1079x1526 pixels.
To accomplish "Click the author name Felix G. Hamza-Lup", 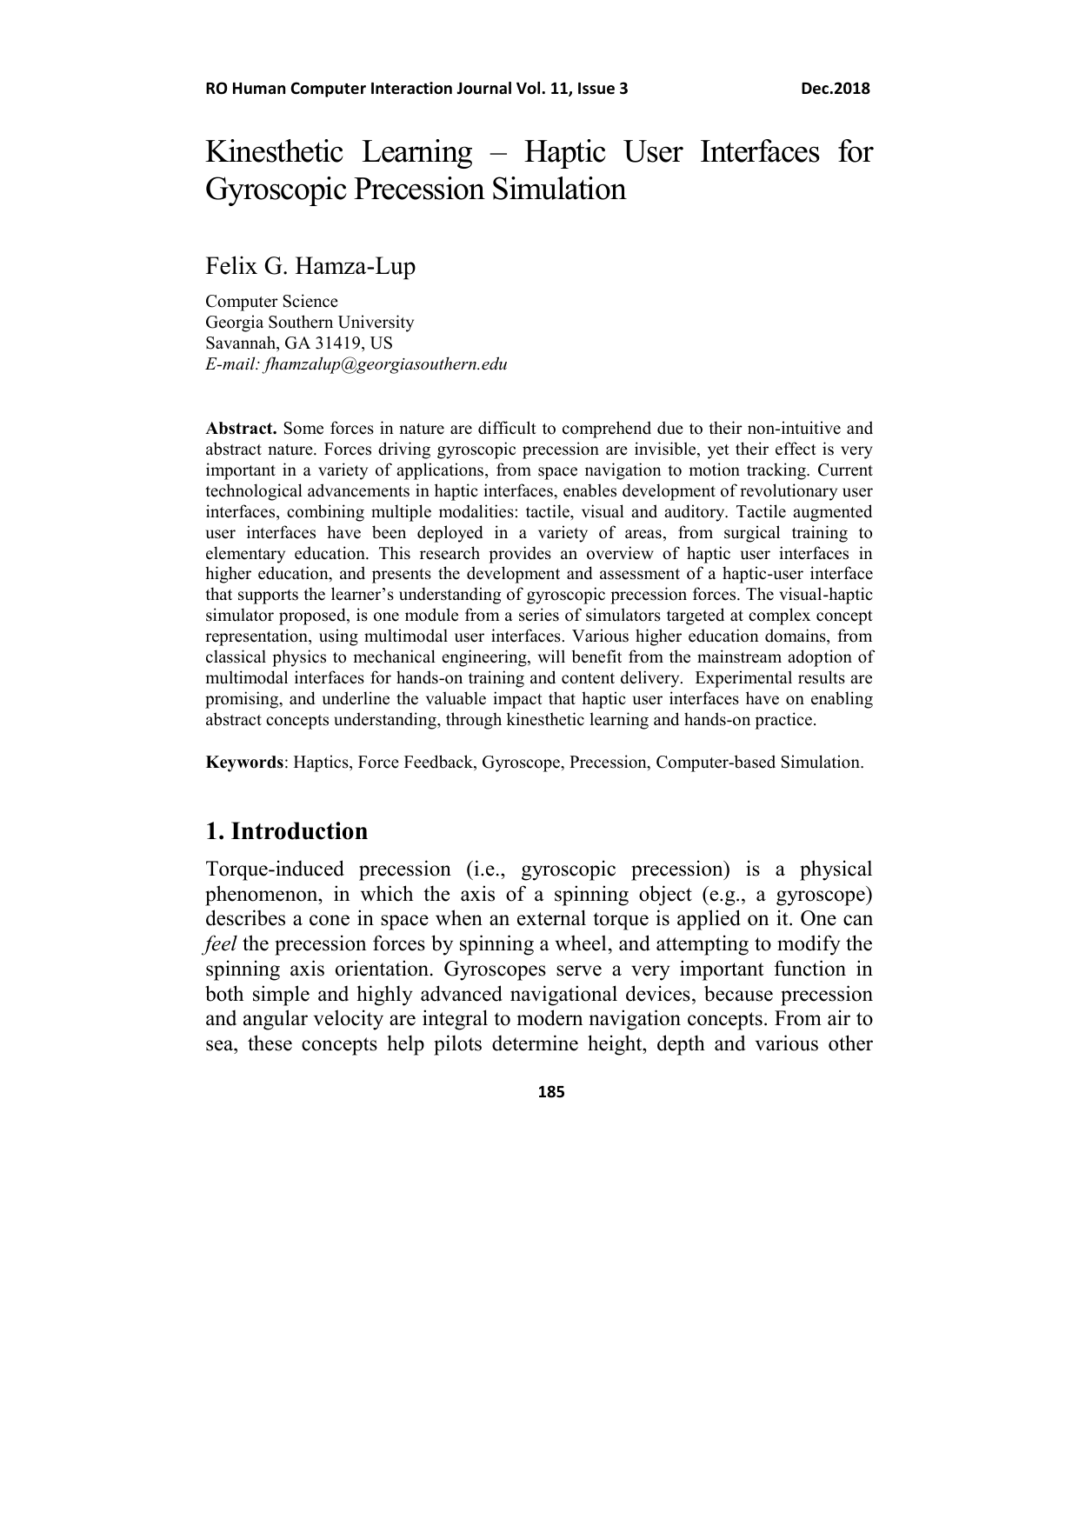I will coord(310,266).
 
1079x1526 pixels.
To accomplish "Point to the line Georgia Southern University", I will coord(310,323).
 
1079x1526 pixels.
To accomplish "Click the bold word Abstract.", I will coord(241,429).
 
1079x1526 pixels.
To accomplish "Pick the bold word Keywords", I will coord(244,763).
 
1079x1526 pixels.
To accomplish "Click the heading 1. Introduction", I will coord(287,831).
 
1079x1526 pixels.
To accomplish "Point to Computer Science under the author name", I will coord(271,302).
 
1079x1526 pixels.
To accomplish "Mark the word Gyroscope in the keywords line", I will coord(522,763).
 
